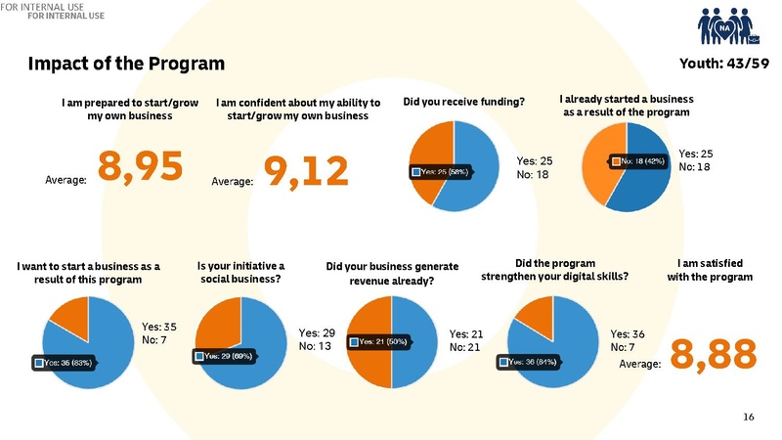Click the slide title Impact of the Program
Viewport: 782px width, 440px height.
pos(127,65)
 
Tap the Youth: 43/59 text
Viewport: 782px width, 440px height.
pos(718,65)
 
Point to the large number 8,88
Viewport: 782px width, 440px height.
pos(714,354)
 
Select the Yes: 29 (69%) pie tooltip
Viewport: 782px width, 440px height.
pos(231,357)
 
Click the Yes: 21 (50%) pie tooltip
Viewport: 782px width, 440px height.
pos(380,341)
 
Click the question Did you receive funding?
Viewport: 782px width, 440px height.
pos(463,102)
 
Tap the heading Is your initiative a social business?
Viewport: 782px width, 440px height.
pos(240,272)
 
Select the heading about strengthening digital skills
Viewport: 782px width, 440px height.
pos(554,270)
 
